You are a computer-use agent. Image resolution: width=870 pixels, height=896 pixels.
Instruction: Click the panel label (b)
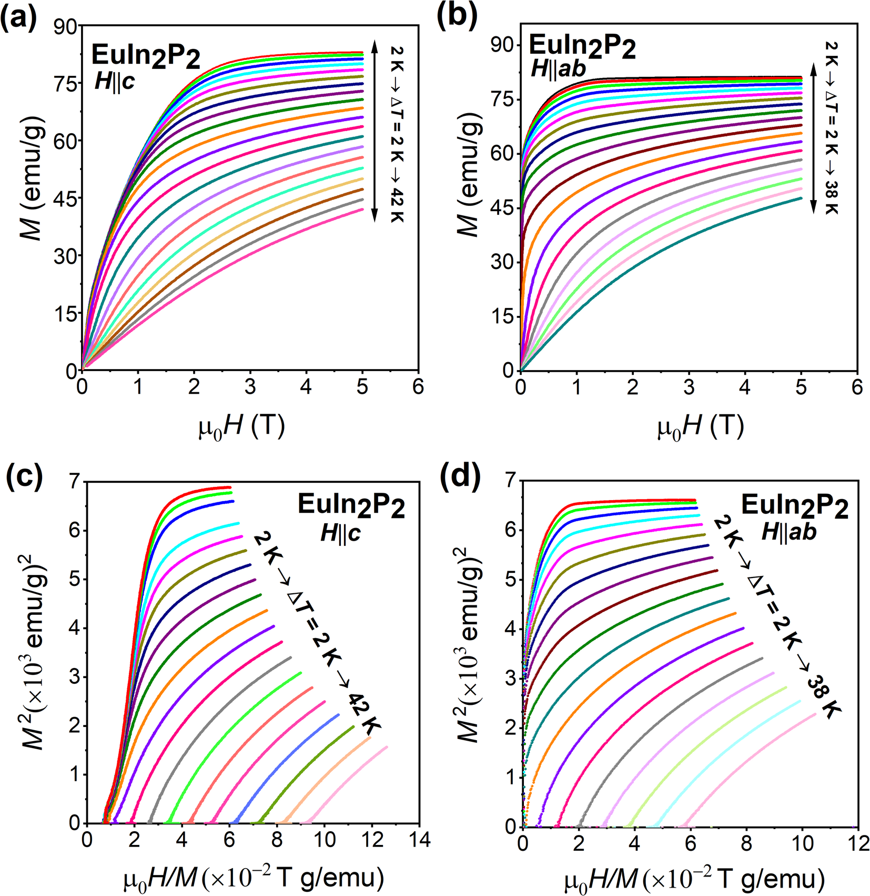tap(458, 17)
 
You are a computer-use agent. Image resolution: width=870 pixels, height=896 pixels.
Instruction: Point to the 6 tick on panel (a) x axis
tap(418, 387)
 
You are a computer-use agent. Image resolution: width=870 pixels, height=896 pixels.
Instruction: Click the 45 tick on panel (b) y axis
tap(502, 208)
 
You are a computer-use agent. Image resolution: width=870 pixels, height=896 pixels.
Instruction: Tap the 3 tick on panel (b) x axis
tap(689, 387)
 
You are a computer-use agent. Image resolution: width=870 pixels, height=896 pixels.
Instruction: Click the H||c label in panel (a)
tap(115, 82)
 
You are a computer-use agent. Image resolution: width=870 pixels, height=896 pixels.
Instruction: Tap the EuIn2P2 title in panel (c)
tap(351, 505)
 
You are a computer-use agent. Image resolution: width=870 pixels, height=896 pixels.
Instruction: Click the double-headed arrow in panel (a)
tap(375, 132)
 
